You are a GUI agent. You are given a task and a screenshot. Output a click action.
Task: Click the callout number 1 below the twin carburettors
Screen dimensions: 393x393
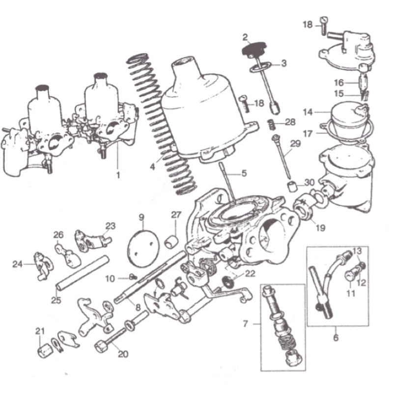(x=118, y=175)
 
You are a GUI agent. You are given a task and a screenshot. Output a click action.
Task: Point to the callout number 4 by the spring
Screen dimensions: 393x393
(x=152, y=166)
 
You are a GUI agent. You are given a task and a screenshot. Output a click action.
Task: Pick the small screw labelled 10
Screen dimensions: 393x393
(x=134, y=277)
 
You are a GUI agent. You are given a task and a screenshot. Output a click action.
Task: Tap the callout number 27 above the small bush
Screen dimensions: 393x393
(x=176, y=215)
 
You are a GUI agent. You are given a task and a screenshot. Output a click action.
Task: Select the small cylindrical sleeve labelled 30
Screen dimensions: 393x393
(x=291, y=187)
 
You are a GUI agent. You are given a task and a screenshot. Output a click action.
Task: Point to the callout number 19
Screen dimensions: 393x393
(x=321, y=227)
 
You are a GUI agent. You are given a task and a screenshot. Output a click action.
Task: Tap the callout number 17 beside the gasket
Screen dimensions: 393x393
(x=308, y=134)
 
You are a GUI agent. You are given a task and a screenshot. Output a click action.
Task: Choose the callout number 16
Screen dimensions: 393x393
(x=339, y=83)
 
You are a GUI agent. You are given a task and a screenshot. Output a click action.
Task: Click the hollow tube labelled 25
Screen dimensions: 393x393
(x=83, y=273)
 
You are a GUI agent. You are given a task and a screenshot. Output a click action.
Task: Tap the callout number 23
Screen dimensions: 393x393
(x=110, y=226)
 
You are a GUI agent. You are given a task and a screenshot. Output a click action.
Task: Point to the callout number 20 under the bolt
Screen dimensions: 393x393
(x=123, y=354)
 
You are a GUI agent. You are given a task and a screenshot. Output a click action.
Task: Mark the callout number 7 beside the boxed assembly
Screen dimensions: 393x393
(x=245, y=324)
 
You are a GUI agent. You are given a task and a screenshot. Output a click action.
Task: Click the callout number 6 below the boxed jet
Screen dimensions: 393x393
(x=336, y=337)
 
